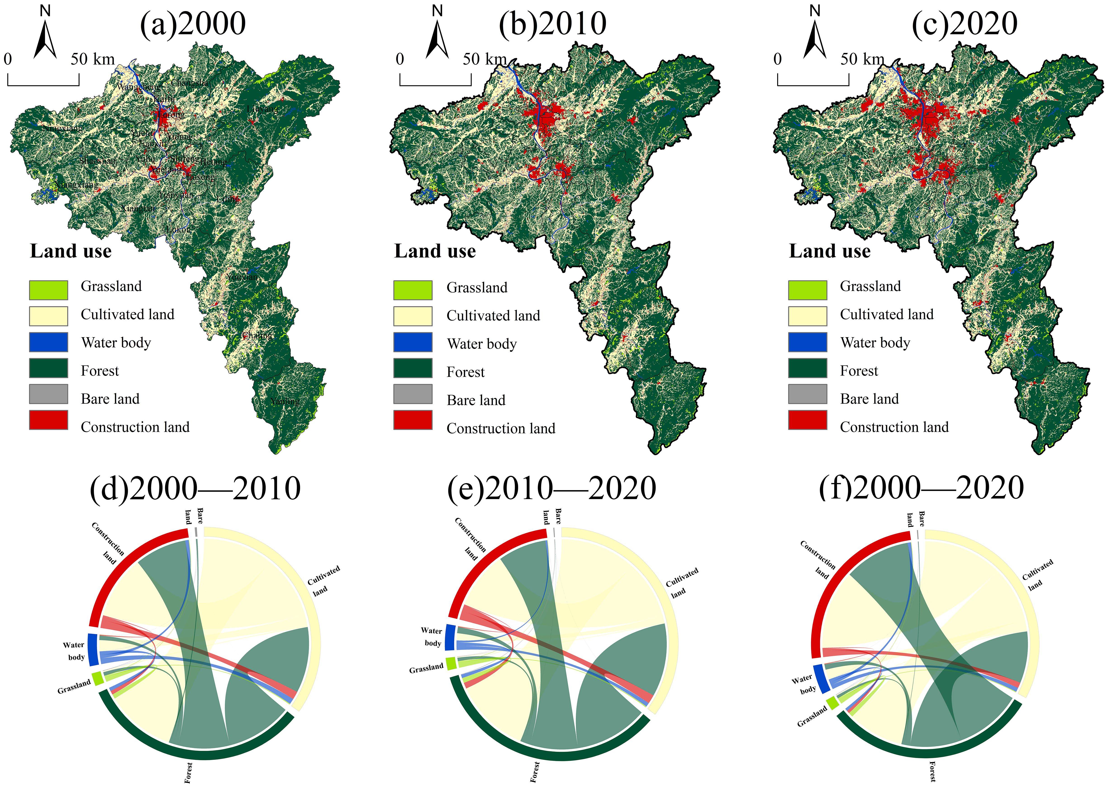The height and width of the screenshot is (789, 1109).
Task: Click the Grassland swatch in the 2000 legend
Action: [x=49, y=290]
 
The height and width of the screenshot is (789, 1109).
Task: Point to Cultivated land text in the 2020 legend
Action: [x=887, y=314]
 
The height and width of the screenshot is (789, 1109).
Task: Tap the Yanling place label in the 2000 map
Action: [x=285, y=401]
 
